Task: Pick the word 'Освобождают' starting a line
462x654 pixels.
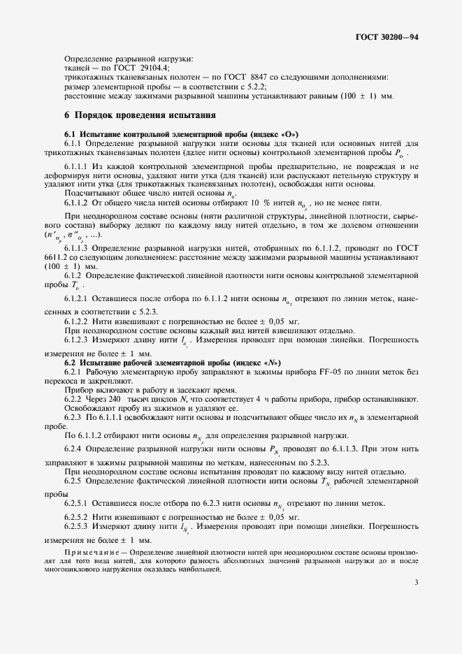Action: pos(89,407)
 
